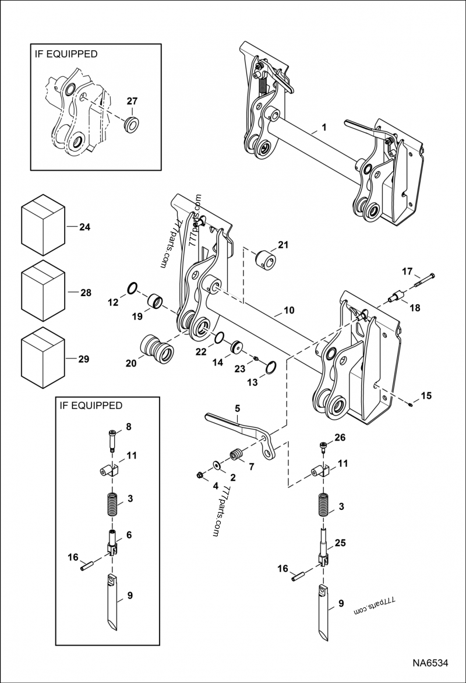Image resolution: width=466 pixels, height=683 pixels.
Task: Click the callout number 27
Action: pos(132,101)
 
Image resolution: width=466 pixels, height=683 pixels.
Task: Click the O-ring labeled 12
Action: pos(132,287)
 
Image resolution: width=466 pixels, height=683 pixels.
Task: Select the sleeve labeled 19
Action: pos(156,302)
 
